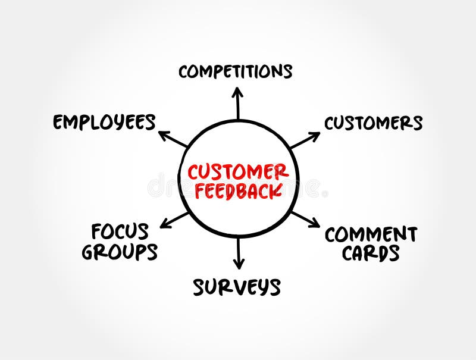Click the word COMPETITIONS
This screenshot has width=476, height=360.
click(x=236, y=71)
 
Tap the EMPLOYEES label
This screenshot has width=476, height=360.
click(x=104, y=123)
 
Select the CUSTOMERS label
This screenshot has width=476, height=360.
click(x=373, y=123)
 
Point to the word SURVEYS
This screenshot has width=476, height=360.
click(x=236, y=287)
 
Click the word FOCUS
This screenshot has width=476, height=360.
click(x=120, y=230)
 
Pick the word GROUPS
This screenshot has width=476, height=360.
click(x=120, y=252)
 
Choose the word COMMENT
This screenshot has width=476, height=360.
click(x=371, y=234)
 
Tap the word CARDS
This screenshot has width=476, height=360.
click(x=370, y=253)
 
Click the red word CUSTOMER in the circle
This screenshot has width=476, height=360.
click(x=238, y=172)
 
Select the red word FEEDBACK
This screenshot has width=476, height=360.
click(x=238, y=190)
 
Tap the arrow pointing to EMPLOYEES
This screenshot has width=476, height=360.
click(x=173, y=138)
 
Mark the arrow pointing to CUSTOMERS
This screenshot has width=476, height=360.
click(x=304, y=140)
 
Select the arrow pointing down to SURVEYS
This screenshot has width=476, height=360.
click(x=238, y=253)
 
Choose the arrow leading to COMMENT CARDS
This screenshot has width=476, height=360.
click(x=305, y=218)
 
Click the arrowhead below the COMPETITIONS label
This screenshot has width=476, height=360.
click(x=237, y=92)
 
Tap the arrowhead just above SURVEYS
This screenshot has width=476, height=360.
click(x=238, y=264)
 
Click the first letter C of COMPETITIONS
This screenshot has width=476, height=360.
click(x=184, y=72)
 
